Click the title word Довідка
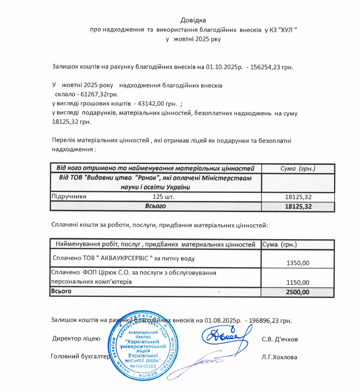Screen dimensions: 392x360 193,20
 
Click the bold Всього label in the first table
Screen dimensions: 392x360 155,206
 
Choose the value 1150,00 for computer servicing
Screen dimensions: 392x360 298,283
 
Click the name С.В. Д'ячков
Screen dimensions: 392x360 280,339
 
